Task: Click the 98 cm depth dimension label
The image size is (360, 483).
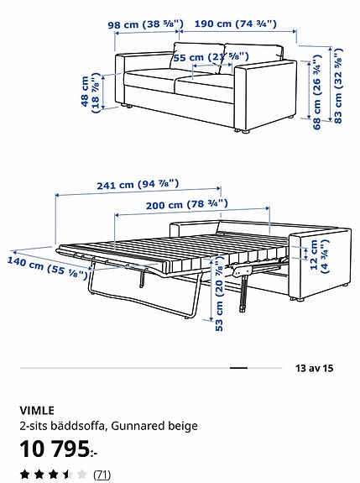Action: click(x=143, y=25)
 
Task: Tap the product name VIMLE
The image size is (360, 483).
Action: click(x=37, y=411)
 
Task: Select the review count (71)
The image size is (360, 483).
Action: click(x=102, y=475)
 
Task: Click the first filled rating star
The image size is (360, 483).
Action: click(x=25, y=475)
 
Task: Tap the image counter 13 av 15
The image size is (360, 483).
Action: click(x=315, y=367)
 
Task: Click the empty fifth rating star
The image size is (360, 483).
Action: click(x=81, y=475)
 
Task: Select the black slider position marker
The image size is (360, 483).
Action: click(x=238, y=368)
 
